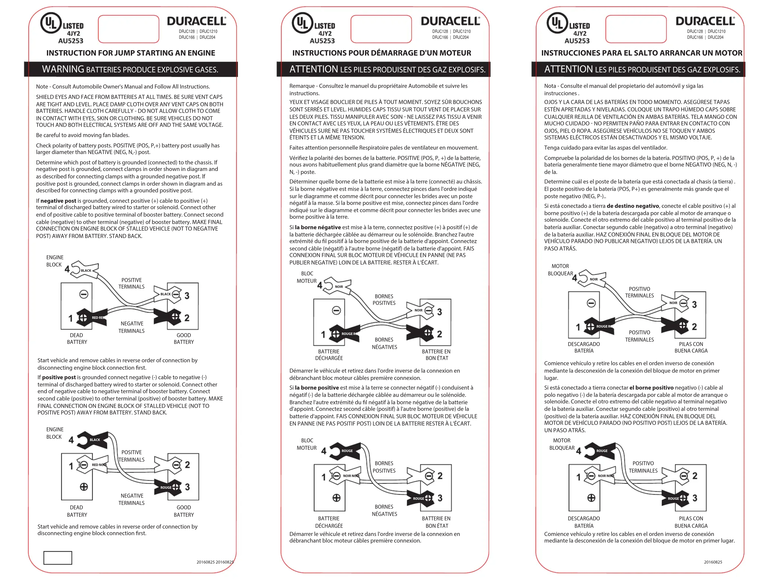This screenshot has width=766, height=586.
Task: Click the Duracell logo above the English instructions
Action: click(x=197, y=21)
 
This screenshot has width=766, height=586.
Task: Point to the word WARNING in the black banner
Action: click(x=63, y=69)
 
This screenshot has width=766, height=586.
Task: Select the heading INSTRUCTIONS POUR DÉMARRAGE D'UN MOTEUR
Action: click(x=382, y=53)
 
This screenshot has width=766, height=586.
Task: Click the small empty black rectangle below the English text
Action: click(x=58, y=557)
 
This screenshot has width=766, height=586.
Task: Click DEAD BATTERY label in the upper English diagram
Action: click(x=77, y=338)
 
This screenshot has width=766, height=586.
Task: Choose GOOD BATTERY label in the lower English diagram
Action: click(x=184, y=511)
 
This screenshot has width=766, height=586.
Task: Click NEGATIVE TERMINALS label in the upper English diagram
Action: click(x=132, y=327)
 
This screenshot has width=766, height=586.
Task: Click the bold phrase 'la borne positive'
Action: click(x=317, y=388)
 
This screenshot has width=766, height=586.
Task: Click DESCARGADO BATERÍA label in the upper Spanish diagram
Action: click(x=584, y=347)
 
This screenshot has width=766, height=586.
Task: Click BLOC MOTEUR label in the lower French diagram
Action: click(x=307, y=444)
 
